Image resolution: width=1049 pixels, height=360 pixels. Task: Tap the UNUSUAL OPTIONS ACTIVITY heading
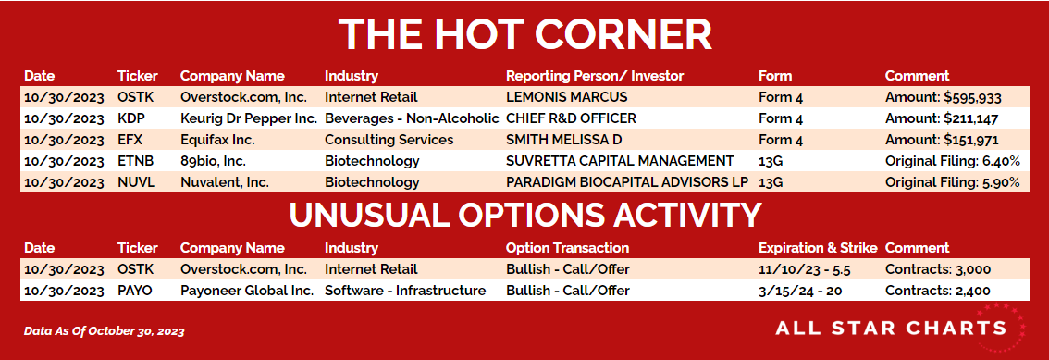tap(525, 215)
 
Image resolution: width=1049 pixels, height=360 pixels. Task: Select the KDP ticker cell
tap(131, 118)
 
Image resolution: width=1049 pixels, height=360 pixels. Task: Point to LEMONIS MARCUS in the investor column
tap(567, 97)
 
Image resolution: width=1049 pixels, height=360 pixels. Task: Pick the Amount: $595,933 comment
tap(944, 98)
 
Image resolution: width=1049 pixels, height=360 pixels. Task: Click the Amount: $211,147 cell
tap(942, 119)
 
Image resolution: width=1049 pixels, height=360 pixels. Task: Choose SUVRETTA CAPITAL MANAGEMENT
tap(620, 161)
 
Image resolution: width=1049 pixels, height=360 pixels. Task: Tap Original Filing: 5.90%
tap(953, 182)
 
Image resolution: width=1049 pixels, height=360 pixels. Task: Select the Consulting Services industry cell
tap(389, 140)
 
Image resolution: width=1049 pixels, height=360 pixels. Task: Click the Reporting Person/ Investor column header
tap(595, 76)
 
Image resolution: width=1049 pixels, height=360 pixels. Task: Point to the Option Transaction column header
tap(567, 248)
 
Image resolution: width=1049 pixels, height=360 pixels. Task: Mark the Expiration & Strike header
tap(818, 248)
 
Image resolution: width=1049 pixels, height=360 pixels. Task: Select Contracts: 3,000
tap(938, 269)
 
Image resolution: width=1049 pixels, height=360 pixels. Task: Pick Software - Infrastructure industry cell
tap(405, 291)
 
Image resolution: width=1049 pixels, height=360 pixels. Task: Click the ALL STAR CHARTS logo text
tap(891, 328)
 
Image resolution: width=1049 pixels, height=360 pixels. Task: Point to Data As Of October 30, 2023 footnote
tap(105, 330)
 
